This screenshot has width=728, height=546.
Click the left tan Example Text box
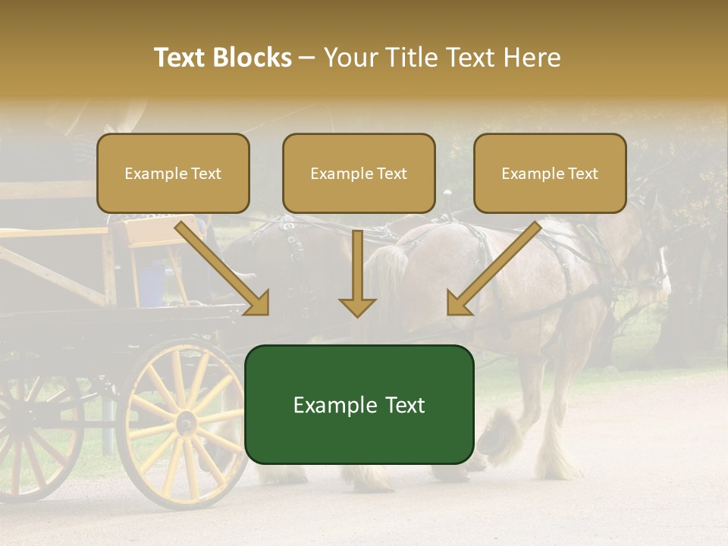point(173,174)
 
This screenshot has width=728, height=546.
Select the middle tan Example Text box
point(359,174)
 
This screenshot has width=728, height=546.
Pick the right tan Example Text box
point(550,174)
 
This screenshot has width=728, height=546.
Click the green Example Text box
point(359,404)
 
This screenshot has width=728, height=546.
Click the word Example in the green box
point(328,405)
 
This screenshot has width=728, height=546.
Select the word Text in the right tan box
point(582,174)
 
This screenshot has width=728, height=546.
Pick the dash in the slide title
point(307,58)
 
